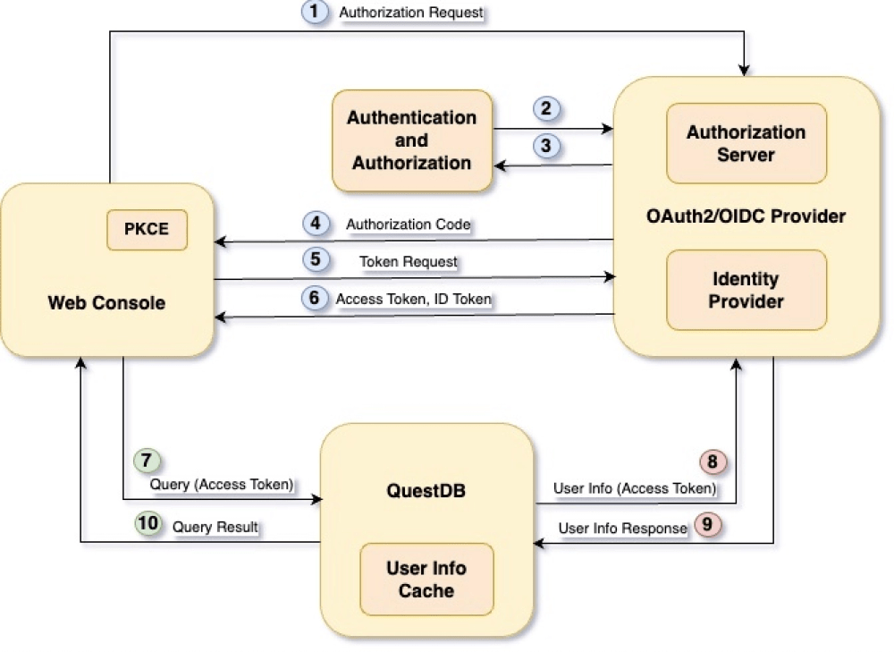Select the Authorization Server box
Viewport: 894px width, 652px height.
[746, 143]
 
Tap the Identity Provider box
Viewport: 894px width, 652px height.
[746, 290]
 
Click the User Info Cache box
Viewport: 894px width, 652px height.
[426, 579]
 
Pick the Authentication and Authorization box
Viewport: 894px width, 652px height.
[411, 140]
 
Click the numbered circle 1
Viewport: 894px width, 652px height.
[314, 13]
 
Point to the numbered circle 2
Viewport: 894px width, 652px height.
[546, 109]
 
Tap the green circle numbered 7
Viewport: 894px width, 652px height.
[147, 461]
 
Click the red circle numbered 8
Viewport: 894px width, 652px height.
[713, 461]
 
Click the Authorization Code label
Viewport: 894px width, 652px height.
[408, 224]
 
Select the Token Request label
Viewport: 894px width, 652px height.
[408, 262]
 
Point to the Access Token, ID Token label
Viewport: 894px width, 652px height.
[413, 300]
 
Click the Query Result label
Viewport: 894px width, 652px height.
[215, 527]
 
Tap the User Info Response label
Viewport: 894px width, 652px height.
[622, 528]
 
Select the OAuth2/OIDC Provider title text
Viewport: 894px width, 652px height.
[746, 216]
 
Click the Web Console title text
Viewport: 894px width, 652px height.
[106, 303]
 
